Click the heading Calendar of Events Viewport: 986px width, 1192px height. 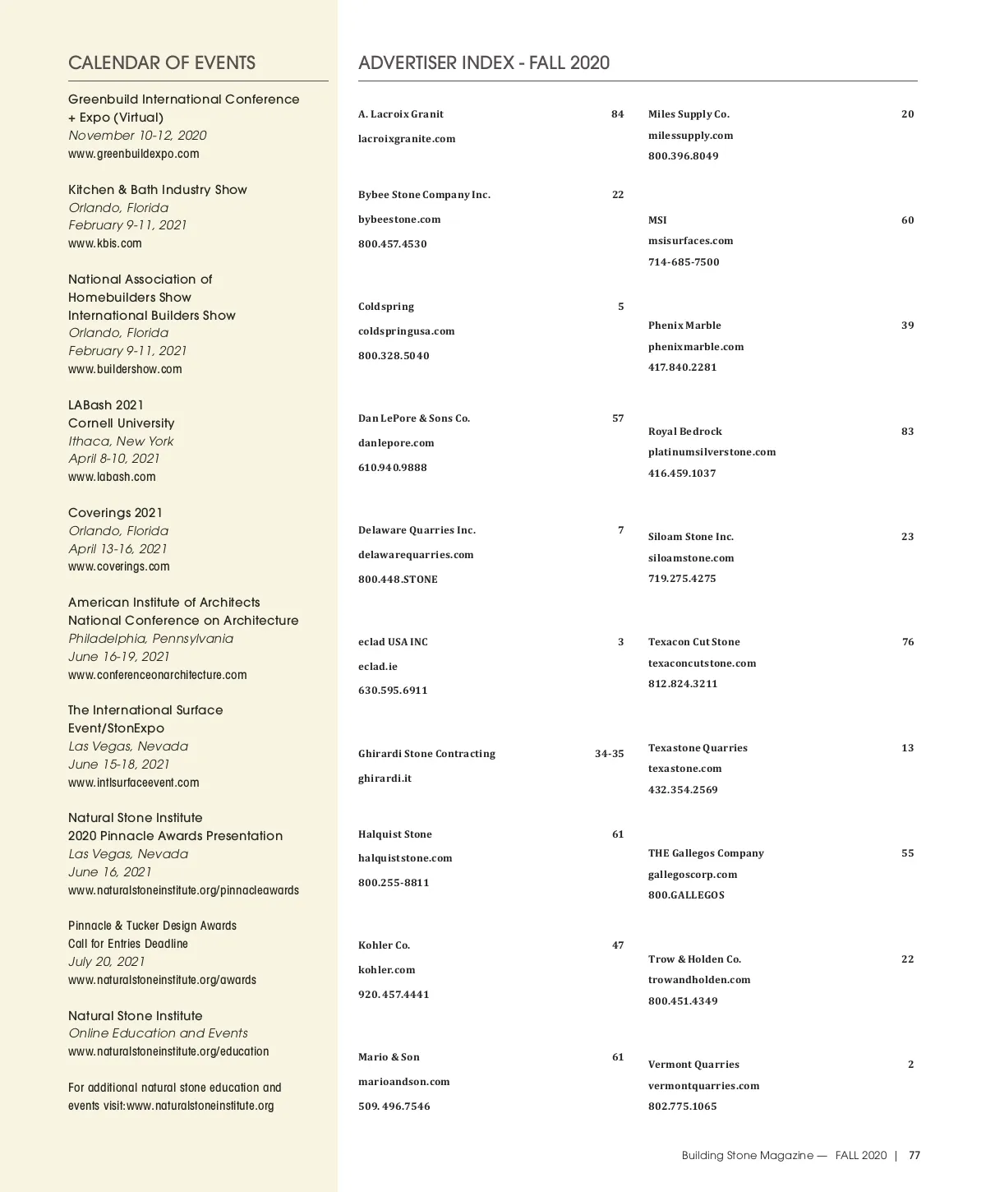tap(162, 63)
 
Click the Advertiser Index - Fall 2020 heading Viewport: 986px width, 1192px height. tap(484, 63)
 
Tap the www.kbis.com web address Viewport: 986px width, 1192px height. tap(105, 243)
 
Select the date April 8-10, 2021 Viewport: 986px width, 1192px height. tap(114, 459)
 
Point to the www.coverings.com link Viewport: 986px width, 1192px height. tap(119, 566)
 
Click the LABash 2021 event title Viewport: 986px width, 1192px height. tap(106, 405)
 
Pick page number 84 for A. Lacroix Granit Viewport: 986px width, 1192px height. tap(617, 114)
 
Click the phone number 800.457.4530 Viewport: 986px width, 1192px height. tap(393, 244)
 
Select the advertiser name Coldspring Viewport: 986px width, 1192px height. tap(386, 307)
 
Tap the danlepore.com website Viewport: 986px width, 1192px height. tap(396, 443)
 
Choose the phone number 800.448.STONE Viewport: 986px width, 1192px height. tap(398, 580)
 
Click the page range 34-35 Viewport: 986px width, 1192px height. tap(609, 754)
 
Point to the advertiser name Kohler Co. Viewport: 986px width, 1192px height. tap(384, 945)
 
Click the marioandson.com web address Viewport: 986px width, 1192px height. tap(404, 1082)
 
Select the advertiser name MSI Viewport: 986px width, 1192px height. tap(657, 220)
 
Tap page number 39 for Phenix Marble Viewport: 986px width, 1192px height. tap(907, 326)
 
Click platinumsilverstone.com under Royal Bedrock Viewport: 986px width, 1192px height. tap(712, 452)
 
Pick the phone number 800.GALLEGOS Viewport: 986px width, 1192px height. tap(686, 895)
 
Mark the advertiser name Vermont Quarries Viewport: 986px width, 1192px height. tap(693, 1065)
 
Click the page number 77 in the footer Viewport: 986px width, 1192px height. tap(915, 1155)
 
